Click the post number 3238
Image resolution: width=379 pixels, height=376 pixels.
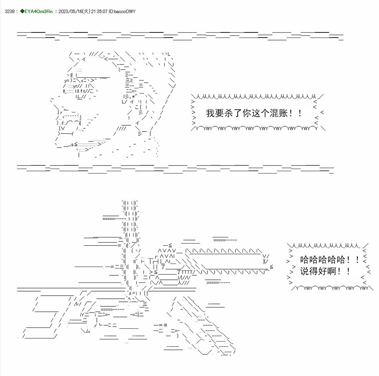pyautogui.click(x=10, y=11)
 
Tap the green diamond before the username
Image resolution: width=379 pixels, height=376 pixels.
pyautogui.click(x=22, y=11)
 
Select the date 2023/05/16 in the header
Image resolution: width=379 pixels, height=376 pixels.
pyautogui.click(x=70, y=11)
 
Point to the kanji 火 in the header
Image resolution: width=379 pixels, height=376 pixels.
pyautogui.click(x=86, y=11)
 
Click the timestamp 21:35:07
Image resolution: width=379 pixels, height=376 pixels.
pyautogui.click(x=99, y=11)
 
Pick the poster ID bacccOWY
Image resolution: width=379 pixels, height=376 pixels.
pyautogui.click(x=125, y=11)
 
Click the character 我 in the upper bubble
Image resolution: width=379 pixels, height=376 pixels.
pyautogui.click(x=211, y=113)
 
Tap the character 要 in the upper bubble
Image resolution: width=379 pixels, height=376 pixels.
pyautogui.click(x=220, y=113)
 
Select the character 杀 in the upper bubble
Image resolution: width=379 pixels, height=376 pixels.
pyautogui.click(x=229, y=113)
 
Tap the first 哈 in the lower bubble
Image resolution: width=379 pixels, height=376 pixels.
pyautogui.click(x=305, y=260)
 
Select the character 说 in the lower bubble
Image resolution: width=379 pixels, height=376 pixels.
pyautogui.click(x=305, y=271)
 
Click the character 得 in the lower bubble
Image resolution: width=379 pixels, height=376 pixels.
pyautogui.click(x=314, y=271)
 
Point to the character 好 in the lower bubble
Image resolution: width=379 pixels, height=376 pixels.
pyautogui.click(x=323, y=271)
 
